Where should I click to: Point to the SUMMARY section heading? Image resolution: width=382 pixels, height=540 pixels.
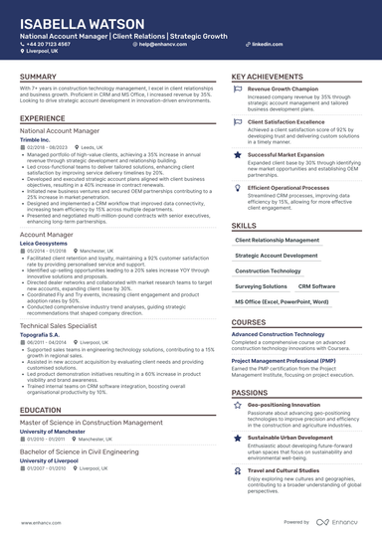coord(38,77)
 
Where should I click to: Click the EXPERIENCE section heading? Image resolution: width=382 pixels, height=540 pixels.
coord(42,118)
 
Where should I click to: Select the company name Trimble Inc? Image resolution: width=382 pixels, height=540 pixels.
coord(37,138)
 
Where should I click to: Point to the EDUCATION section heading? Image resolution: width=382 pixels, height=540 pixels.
coord(40,410)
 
